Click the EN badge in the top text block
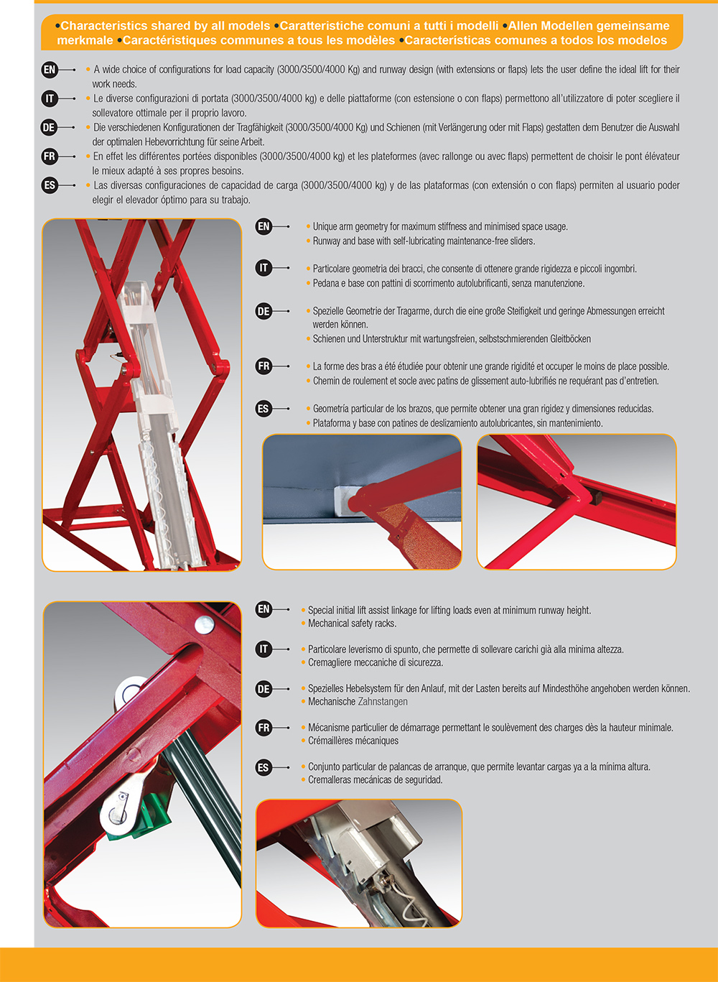tap(50, 69)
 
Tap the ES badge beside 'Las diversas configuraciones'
tap(50, 185)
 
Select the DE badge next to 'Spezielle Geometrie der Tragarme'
tap(264, 311)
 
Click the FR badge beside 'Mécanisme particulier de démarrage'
tap(264, 728)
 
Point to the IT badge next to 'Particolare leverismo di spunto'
tap(264, 649)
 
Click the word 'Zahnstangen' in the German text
tap(383, 701)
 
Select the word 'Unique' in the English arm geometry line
tap(325, 227)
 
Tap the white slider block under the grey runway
tap(350, 500)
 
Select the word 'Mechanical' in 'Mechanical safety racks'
tap(326, 623)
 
